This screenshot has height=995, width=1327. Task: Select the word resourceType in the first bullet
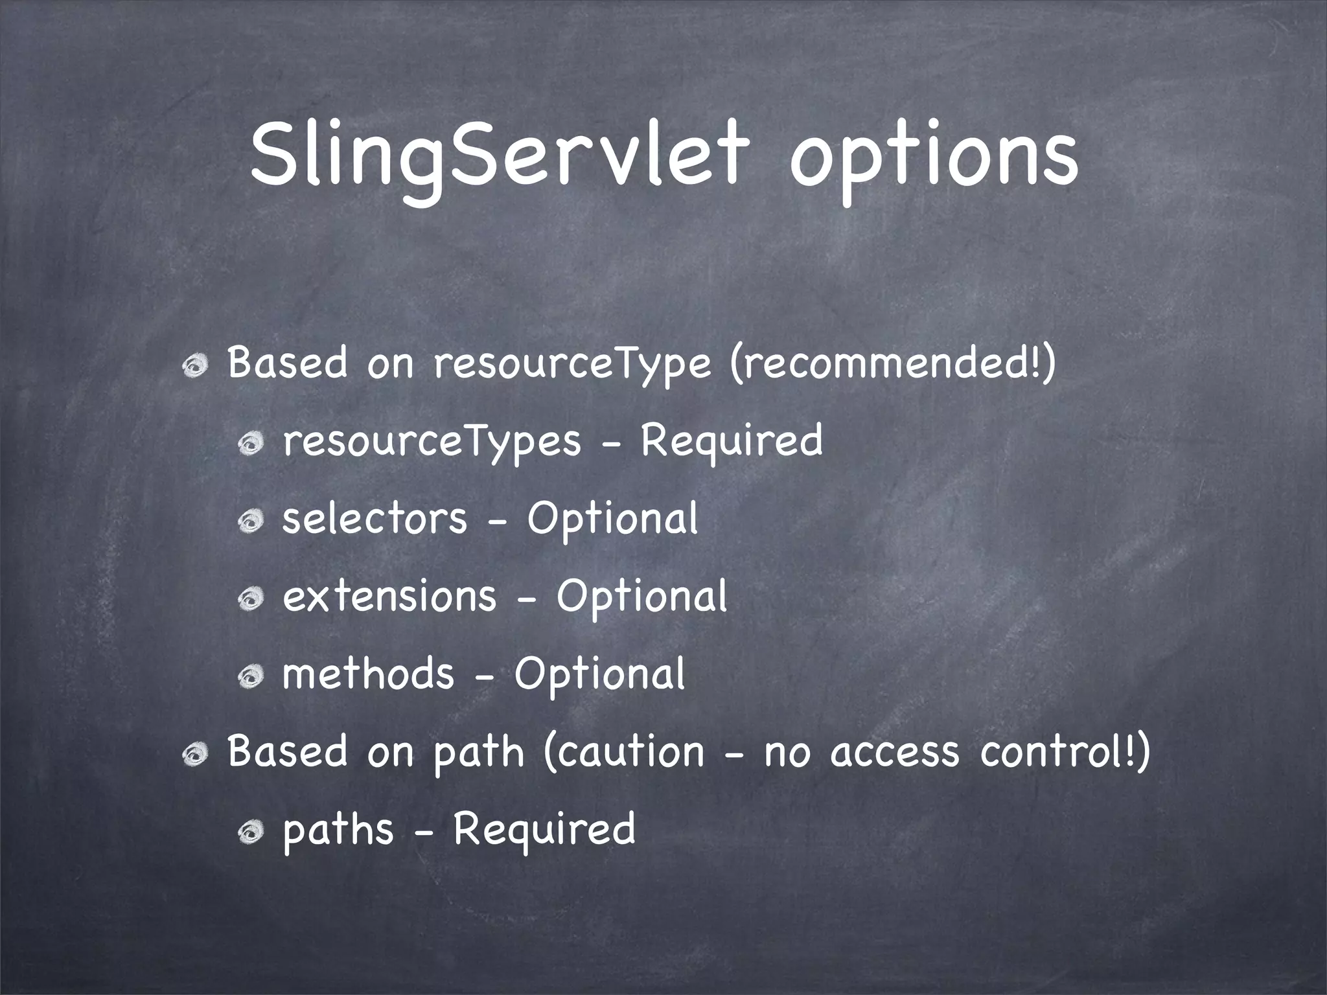pyautogui.click(x=572, y=365)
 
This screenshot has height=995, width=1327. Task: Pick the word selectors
pyautogui.click(x=375, y=519)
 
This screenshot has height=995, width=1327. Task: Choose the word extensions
pyautogui.click(x=389, y=597)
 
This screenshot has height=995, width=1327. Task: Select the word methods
pyautogui.click(x=368, y=674)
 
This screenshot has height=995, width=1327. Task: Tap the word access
pyautogui.click(x=894, y=753)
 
